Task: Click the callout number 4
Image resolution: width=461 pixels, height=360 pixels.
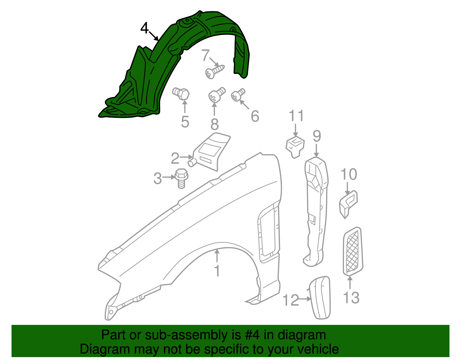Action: click(145, 29)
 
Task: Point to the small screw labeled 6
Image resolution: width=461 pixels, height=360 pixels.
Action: click(238, 95)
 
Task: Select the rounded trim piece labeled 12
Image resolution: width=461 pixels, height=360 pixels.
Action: click(320, 298)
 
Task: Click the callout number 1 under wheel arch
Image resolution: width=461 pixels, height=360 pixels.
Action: click(217, 271)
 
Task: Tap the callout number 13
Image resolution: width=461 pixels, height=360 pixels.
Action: click(351, 298)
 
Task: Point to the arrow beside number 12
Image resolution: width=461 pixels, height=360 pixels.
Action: click(304, 299)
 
